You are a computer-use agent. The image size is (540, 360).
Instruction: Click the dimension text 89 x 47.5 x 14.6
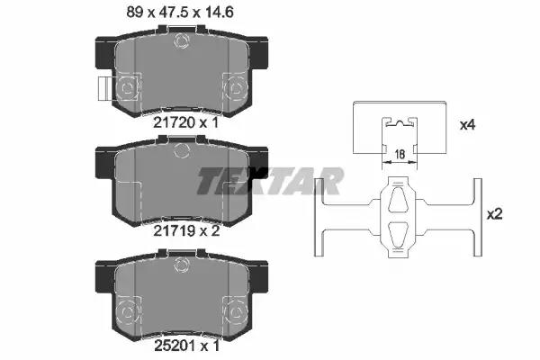pos(180,13)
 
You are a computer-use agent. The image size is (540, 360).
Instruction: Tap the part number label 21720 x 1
pos(185,122)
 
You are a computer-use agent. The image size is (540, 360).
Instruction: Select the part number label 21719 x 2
pos(186,230)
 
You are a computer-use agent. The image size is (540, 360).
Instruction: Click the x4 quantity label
pos(468,125)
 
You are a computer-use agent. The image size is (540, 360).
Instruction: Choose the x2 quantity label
pos(494,214)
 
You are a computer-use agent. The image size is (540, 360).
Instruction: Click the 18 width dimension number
pos(400,154)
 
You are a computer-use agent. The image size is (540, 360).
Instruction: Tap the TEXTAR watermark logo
pos(270,181)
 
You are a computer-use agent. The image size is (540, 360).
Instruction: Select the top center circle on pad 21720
pos(182,41)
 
